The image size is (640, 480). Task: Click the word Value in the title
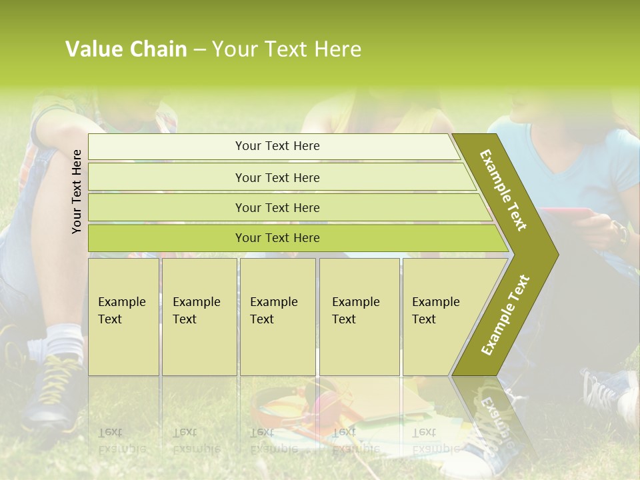coord(93,49)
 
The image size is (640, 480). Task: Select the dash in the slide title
coord(199,50)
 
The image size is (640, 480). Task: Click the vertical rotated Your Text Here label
coord(77,191)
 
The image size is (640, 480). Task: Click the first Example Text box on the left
coord(123,317)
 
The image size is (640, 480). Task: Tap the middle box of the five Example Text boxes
coord(277,317)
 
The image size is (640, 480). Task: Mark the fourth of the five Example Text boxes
coord(359,317)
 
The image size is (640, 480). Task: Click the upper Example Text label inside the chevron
coord(503,190)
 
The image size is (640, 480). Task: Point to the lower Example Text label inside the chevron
coord(505,315)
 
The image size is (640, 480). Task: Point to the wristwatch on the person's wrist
coord(622,233)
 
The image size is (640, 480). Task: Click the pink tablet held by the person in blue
coord(567,213)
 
